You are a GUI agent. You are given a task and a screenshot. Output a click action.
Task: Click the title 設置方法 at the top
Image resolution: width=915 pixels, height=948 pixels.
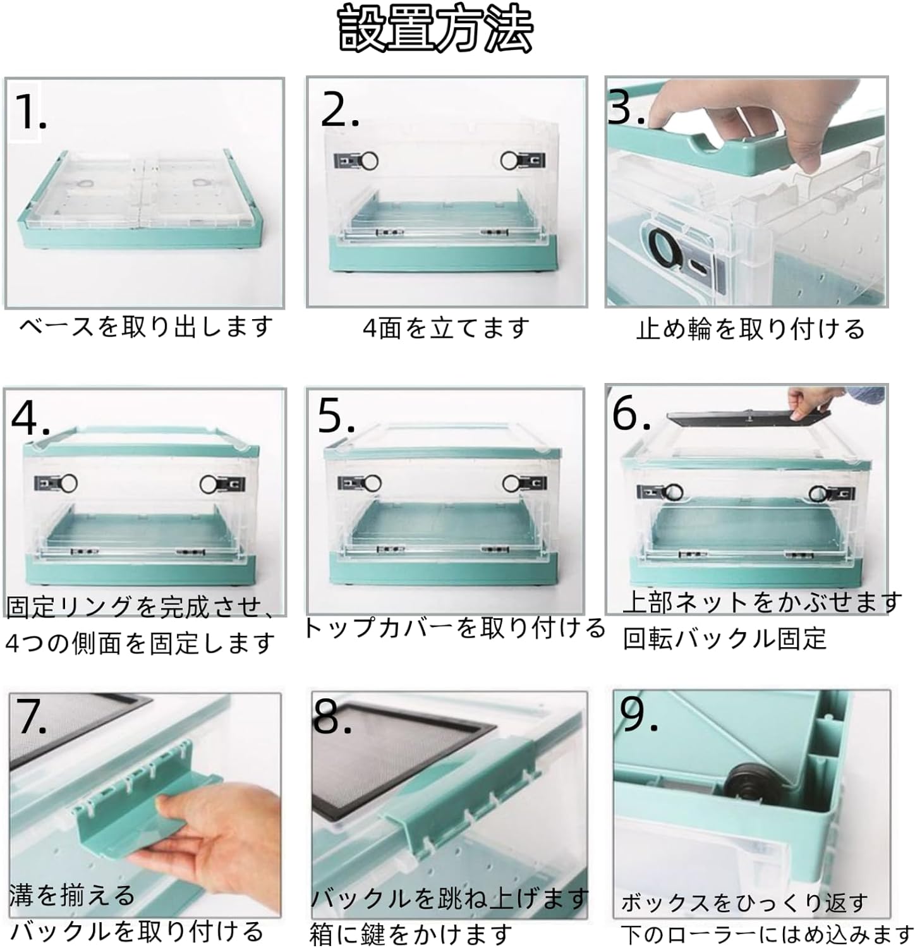[x=436, y=29]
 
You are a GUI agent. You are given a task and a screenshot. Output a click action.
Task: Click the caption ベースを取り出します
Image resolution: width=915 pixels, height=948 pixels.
[x=146, y=327]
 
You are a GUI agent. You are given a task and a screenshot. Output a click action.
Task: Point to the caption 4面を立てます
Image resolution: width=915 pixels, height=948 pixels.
[x=446, y=328]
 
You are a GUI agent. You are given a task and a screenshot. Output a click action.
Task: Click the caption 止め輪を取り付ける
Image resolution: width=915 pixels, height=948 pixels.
[x=750, y=329]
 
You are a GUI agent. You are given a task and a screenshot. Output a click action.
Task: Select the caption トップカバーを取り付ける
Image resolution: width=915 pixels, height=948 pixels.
[x=454, y=628]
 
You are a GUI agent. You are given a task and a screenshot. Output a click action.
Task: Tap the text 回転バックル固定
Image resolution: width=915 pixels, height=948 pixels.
[x=725, y=639]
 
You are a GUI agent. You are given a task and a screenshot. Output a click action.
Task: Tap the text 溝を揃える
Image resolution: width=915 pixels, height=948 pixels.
[x=72, y=895]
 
